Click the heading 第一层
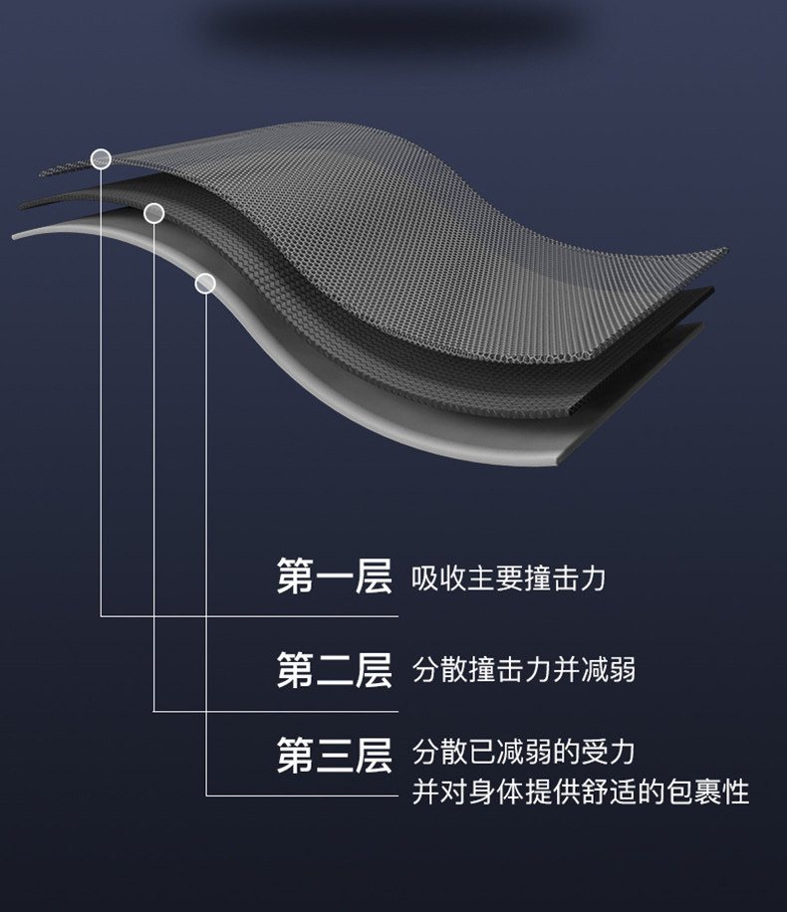(x=334, y=577)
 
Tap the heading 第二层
(x=334, y=670)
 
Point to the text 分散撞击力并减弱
(x=524, y=670)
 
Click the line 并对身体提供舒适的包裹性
(x=580, y=793)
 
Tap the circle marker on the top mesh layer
(x=100, y=158)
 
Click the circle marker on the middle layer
(x=153, y=213)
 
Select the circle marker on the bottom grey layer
(x=205, y=284)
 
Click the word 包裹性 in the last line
(x=707, y=793)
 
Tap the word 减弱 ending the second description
(x=609, y=670)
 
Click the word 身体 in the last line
(x=482, y=793)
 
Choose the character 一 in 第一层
(x=334, y=578)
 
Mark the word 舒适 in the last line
(x=595, y=793)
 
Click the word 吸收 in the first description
(x=439, y=578)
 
